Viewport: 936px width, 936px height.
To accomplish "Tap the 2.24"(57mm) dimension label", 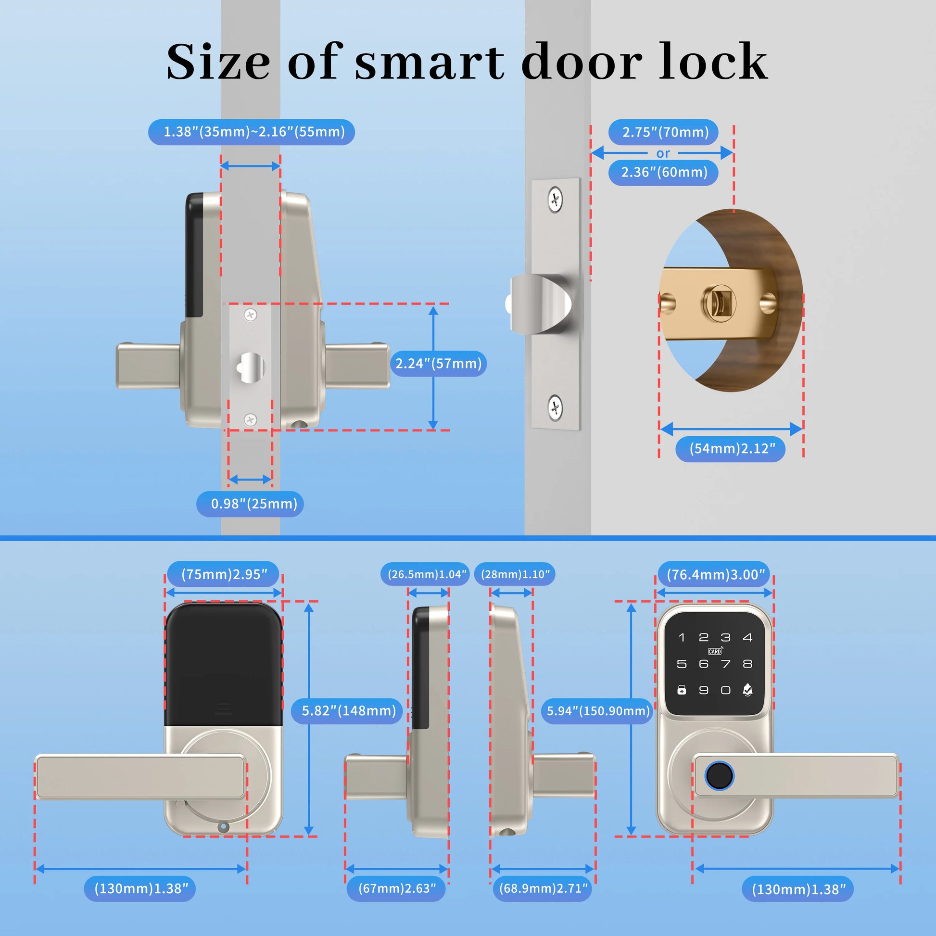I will click(439, 363).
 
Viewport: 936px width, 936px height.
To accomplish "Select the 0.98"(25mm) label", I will click(254, 504).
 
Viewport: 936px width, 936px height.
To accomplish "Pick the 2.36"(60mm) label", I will click(664, 172).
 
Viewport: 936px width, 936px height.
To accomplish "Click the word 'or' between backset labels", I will click(663, 153).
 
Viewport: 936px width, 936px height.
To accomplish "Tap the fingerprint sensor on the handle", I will click(719, 776).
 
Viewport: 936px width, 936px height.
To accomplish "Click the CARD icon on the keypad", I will click(715, 651).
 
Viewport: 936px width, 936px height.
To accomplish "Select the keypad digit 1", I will click(682, 638).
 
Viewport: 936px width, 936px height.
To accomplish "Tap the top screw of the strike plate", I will click(555, 200).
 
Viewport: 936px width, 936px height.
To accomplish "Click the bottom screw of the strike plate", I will click(555, 407).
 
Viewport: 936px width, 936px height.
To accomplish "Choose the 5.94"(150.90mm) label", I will click(598, 711).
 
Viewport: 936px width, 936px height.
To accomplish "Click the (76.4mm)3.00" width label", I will click(716, 575).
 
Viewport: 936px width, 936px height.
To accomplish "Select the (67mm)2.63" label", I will click(397, 888).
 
